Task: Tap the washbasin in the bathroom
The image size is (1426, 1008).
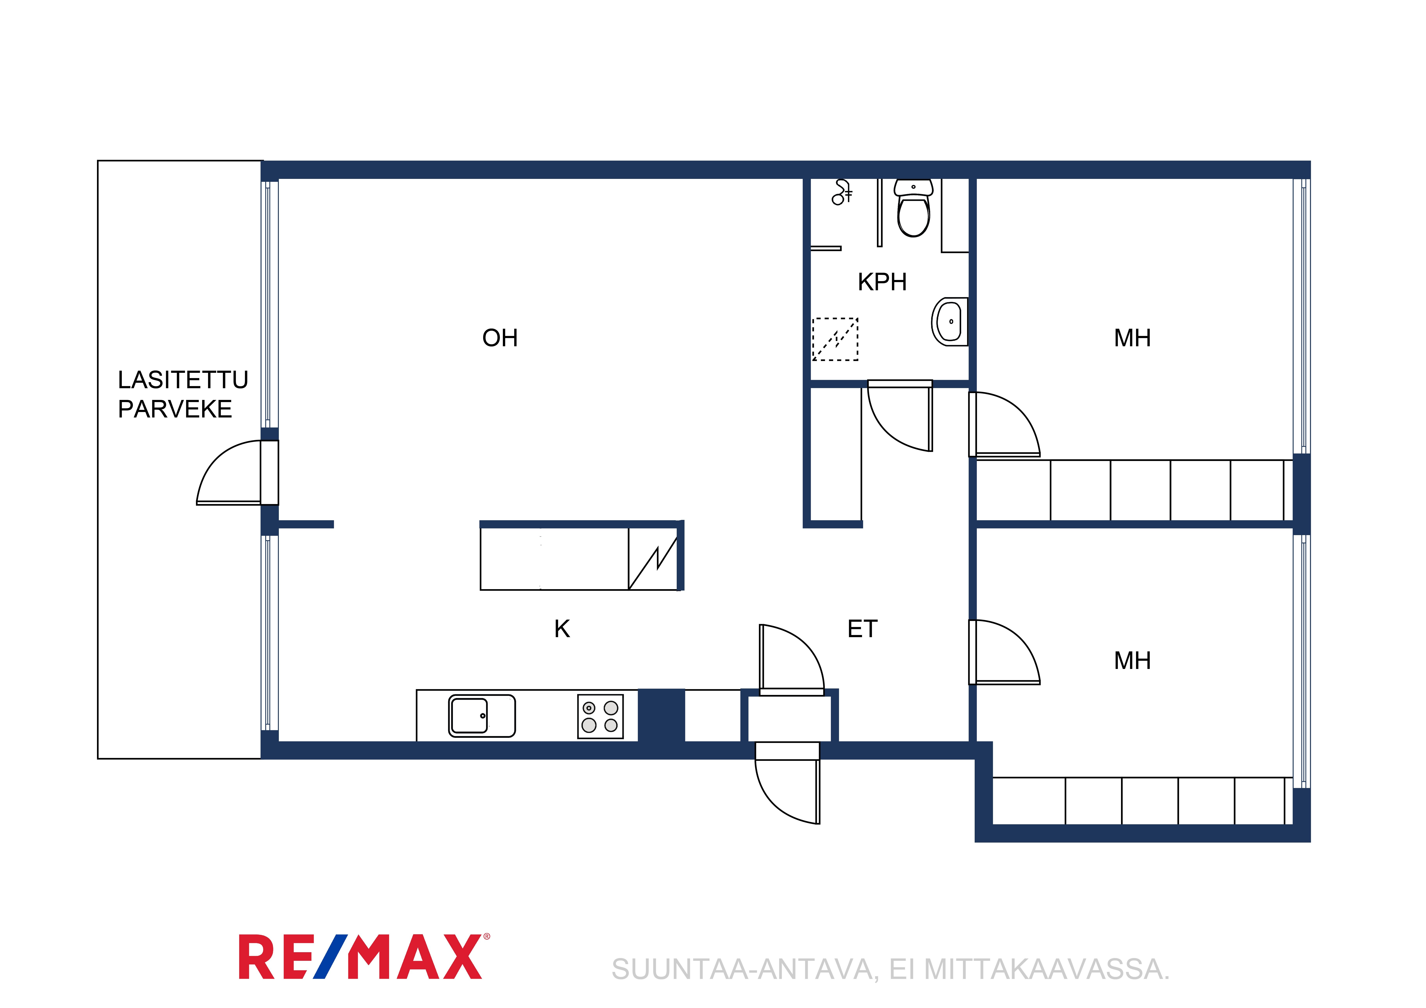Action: click(x=949, y=322)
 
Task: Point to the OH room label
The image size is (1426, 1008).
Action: click(x=500, y=338)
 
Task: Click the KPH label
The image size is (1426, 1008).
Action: click(x=882, y=282)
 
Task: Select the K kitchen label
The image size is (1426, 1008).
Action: click(x=562, y=629)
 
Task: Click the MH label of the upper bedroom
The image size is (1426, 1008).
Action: click(x=1132, y=338)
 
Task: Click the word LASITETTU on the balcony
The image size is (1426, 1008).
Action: click(x=183, y=379)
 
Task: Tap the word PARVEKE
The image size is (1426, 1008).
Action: click(x=175, y=409)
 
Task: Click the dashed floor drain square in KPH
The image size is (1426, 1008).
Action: click(x=835, y=339)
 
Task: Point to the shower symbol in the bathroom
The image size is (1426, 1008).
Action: click(x=842, y=192)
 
